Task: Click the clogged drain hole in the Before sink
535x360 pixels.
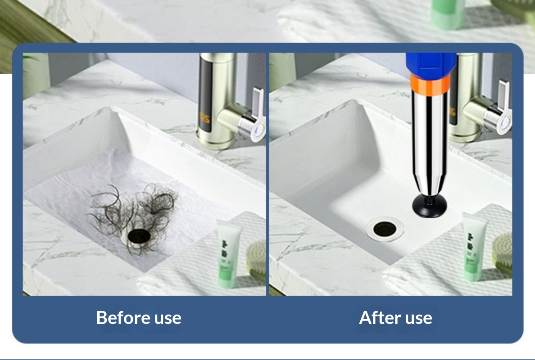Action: pyautogui.click(x=139, y=235)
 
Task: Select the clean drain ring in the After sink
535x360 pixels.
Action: pyautogui.click(x=385, y=229)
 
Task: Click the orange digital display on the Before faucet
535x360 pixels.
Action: pyautogui.click(x=205, y=118)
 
